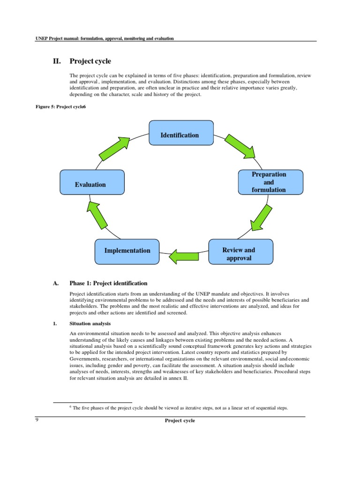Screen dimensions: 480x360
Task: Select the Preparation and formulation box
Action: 270,182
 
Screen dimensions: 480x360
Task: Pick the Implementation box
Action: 127,250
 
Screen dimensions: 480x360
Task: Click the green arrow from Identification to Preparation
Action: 240,145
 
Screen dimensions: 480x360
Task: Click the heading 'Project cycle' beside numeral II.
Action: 90,61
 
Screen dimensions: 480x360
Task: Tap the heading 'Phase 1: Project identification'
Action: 108,283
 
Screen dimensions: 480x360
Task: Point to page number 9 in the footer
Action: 37,420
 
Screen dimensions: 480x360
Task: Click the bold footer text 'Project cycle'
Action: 180,420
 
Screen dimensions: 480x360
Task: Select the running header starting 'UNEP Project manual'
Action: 105,38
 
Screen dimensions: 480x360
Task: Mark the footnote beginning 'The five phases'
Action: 180,408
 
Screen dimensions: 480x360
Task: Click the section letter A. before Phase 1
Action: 56,283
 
